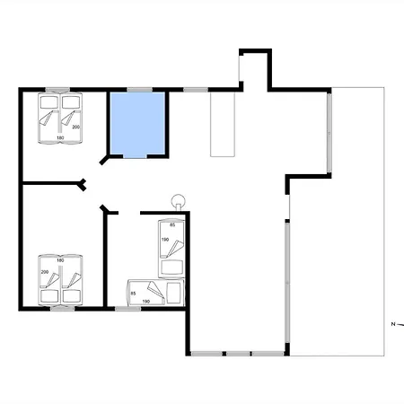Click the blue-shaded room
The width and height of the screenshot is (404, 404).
pos(138,123)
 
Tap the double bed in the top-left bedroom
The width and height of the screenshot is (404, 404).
pos(57,118)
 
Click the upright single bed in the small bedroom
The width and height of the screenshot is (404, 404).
pos(171,248)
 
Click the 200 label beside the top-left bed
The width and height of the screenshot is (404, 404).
pos(75,128)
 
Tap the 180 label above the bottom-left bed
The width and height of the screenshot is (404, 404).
pos(60,260)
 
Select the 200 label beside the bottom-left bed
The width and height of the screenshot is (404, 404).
pos(44,270)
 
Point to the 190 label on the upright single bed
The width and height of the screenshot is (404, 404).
pos(164,241)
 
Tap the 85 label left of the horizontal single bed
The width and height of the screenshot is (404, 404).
pos(134,293)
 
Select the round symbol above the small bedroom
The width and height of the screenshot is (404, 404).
pos(178,201)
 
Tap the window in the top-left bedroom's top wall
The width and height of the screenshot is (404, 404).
pos(59,89)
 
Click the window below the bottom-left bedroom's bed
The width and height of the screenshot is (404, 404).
pos(60,308)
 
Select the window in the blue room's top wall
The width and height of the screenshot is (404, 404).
pos(138,89)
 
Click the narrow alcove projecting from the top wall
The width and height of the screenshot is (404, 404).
pos(254,68)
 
